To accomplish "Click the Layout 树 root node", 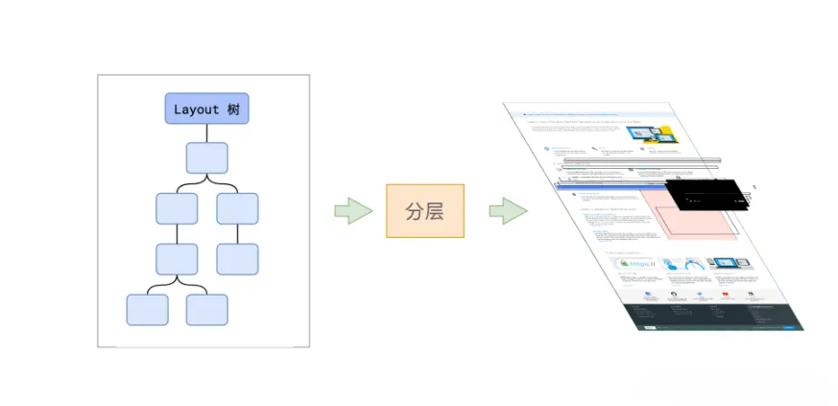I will (206, 108).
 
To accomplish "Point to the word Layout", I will (196, 108).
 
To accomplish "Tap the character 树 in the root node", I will (232, 108).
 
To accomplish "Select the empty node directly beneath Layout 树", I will (206, 157).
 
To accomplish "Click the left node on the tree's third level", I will (177, 208).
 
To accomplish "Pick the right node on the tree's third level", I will (237, 208).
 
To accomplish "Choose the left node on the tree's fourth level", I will (177, 258).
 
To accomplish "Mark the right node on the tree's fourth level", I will (237, 258).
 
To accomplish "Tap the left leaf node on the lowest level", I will (147, 309).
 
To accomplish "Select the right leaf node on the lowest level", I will (206, 309).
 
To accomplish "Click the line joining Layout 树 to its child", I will (206, 132).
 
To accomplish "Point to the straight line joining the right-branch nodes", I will (237, 233).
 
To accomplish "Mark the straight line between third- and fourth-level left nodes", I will (177, 233).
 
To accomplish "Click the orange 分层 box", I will (424, 210).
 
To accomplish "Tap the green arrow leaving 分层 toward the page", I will (507, 210).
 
